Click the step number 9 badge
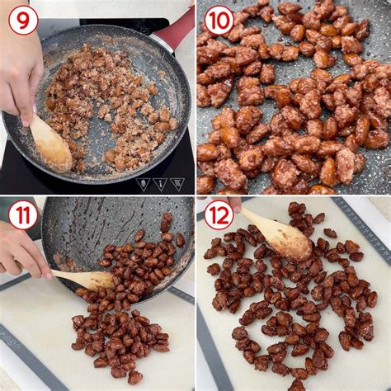pyautogui.click(x=23, y=20)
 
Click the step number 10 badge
pyautogui.click(x=219, y=20)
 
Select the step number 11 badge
pyautogui.click(x=23, y=215)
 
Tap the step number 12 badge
pyautogui.click(x=219, y=215)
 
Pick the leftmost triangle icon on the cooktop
pyautogui.click(x=143, y=184)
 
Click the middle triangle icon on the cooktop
pyautogui.click(x=160, y=184)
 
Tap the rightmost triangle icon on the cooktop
pyautogui.click(x=177, y=184)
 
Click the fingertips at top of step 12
pyautogui.click(x=235, y=204)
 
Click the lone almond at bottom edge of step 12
pyautogui.click(x=297, y=385)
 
